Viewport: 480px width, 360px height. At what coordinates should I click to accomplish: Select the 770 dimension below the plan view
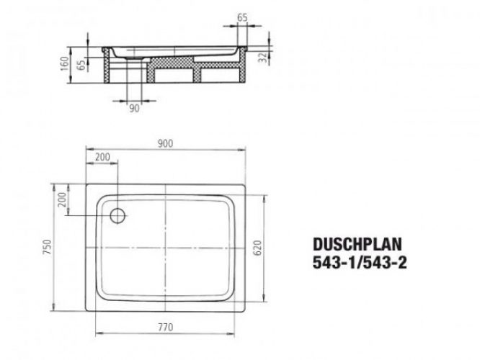click(x=166, y=328)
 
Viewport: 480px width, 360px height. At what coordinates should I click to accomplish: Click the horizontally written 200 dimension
click(x=102, y=156)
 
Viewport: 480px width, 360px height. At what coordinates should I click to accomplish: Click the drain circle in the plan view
click(x=117, y=214)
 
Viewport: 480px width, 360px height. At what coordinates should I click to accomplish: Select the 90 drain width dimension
click(x=134, y=109)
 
